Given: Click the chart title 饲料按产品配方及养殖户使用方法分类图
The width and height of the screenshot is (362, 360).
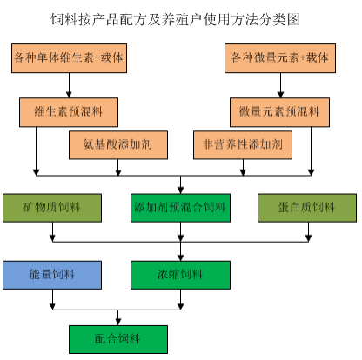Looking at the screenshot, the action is pos(175,19).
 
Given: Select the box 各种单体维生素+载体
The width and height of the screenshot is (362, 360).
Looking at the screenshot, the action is pos(69,58).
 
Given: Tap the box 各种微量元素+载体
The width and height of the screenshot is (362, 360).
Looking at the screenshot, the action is pos(280,58).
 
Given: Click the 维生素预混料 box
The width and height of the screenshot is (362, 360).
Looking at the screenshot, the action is pos(69,112).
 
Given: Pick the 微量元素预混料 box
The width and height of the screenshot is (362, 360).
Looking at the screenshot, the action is pos(279,112).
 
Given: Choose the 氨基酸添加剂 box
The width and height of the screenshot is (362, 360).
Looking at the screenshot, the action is pos(118,145).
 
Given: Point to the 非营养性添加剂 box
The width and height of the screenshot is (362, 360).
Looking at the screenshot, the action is pos(243,145).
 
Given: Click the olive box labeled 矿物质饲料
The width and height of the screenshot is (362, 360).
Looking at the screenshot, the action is pos(52,208).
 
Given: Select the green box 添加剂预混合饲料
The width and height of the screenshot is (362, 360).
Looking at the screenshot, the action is pos(180,208).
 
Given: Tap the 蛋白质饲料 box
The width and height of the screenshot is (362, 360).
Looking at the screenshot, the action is pos(307,208).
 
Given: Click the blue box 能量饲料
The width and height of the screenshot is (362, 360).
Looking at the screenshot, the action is pos(52,275).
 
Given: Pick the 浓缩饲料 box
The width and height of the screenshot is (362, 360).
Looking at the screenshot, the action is pos(180,275).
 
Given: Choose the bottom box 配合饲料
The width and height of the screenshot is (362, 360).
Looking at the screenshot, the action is pos(118,339).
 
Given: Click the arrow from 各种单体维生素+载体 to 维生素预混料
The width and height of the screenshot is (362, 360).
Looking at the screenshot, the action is pos(69,85).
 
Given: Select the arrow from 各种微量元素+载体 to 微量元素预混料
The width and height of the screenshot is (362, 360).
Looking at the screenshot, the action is pos(280,85).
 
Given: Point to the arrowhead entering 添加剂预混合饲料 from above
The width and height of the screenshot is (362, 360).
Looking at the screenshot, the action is pos(181,190).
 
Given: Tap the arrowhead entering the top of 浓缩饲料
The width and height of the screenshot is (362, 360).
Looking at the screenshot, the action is pos(181,258).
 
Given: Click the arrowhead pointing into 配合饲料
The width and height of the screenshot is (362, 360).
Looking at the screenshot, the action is pos(118,322).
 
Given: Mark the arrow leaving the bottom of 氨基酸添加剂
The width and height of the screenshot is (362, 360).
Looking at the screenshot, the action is pos(118,168).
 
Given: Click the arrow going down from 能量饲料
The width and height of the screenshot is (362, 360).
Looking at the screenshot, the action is pos(52,299).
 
